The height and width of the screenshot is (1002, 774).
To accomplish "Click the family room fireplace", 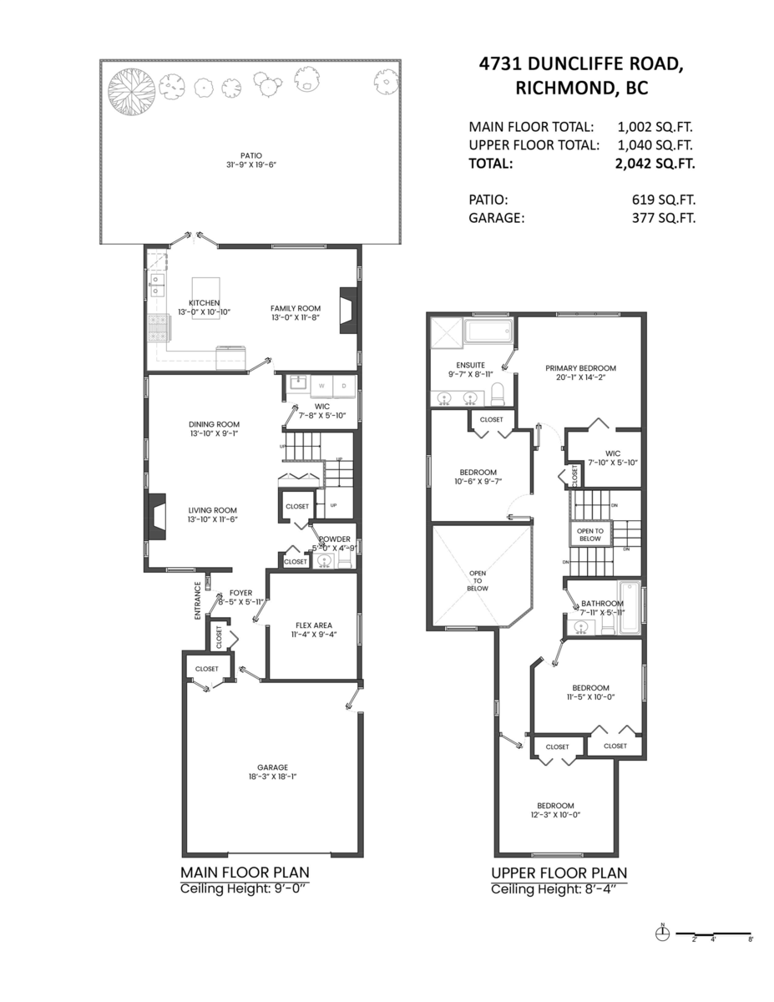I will click(347, 311).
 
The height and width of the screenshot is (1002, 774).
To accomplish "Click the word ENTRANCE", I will click(198, 600).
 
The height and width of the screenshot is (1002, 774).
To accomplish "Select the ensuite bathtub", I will click(489, 332).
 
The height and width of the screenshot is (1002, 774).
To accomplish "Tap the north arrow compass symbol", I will click(663, 934).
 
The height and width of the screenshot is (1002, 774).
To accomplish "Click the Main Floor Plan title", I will click(245, 873).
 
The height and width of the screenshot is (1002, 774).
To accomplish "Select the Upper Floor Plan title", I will click(559, 873).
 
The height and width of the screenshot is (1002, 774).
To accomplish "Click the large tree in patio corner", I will click(132, 89).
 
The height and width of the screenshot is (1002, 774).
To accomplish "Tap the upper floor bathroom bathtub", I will click(632, 608).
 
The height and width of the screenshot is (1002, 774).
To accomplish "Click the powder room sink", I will click(323, 561).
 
